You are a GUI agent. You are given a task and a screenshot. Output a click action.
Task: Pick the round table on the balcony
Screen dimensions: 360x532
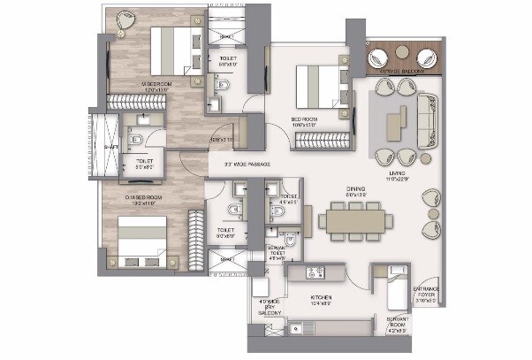coord(403,53)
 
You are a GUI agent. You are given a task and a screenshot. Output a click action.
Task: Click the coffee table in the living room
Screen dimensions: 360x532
coord(400,120)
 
